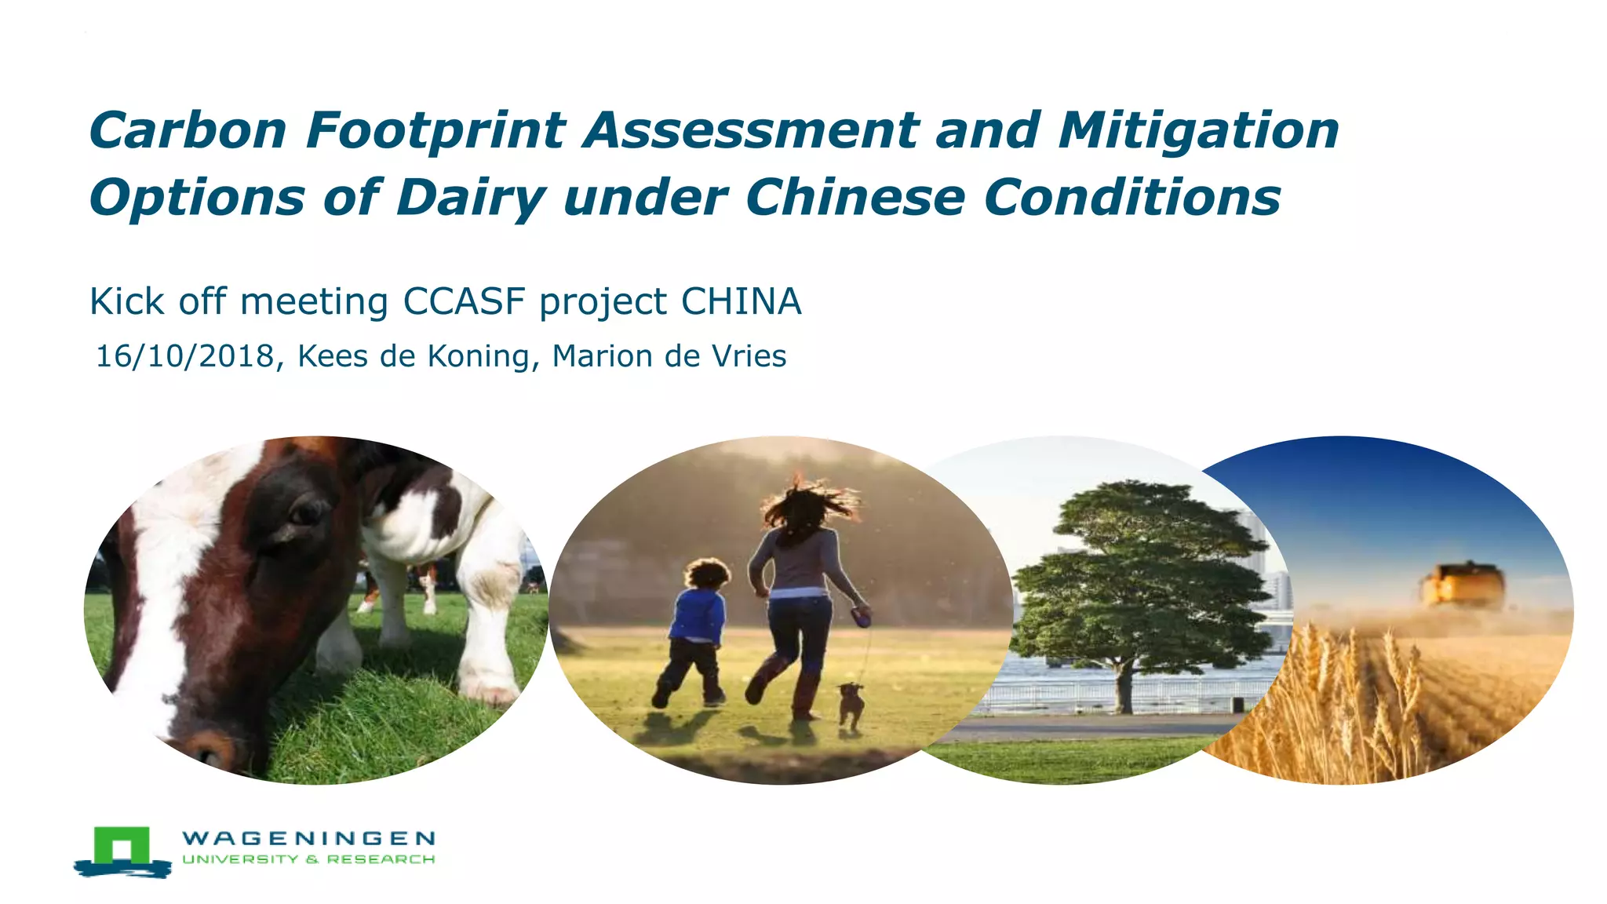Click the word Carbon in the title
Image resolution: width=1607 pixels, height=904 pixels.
188,130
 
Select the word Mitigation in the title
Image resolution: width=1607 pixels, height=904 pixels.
1198,130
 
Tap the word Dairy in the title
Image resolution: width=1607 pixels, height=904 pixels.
471,197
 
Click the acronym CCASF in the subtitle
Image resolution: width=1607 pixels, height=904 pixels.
464,301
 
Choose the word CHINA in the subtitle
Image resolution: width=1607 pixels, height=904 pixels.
741,301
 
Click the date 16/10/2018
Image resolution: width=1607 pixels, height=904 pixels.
185,356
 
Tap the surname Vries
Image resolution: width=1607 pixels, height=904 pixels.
749,356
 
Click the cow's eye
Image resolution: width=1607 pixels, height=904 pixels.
304,514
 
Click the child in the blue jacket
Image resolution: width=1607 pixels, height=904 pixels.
696,620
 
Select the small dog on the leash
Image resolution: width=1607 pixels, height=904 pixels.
851,703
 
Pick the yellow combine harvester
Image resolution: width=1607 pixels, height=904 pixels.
1463,585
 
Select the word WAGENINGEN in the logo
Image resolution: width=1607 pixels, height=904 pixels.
308,838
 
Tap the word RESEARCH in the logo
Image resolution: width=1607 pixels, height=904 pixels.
381,859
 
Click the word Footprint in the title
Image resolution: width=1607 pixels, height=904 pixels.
435,130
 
